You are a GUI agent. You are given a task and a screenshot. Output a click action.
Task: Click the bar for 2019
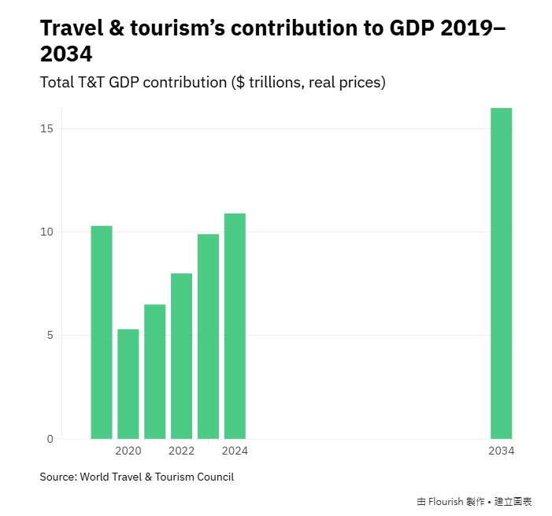click(102, 332)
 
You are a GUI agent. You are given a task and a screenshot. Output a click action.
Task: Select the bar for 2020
click(128, 384)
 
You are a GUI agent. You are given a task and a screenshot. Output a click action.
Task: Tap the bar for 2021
click(155, 371)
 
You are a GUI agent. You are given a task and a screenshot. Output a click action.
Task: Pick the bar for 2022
click(181, 356)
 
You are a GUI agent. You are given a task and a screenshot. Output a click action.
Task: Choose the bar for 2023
click(208, 336)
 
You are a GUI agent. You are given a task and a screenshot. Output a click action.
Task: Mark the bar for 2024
click(235, 326)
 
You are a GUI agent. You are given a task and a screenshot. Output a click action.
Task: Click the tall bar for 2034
click(501, 273)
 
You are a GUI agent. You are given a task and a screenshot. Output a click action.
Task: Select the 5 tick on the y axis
click(49, 336)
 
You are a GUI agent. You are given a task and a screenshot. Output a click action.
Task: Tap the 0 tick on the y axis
click(49, 439)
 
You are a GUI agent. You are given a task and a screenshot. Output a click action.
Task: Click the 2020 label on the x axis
click(128, 451)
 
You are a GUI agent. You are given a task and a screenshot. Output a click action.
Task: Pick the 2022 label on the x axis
click(181, 451)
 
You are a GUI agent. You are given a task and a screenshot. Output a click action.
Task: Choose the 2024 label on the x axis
click(235, 451)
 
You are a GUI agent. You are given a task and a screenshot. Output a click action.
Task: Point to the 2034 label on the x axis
click(501, 451)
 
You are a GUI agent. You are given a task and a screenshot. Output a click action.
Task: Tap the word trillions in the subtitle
click(276, 82)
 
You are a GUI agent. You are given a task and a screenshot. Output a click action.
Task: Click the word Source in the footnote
click(57, 477)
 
